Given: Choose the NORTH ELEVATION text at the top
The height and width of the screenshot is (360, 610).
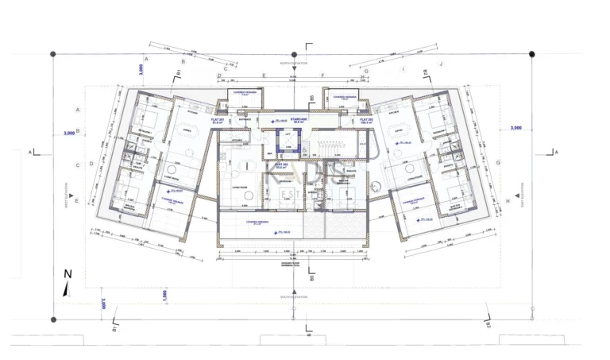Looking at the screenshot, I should pos(291,62).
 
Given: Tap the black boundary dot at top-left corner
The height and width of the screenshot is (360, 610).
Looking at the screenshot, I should pos(53,53).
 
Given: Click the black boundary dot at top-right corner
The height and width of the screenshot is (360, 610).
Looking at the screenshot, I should pos(531,53).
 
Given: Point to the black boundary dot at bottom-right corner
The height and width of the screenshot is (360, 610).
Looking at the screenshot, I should pos(531,319).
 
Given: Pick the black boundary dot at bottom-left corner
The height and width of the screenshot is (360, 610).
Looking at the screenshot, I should pos(53,319).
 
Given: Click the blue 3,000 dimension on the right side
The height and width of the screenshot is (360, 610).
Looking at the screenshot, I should pos(516,128).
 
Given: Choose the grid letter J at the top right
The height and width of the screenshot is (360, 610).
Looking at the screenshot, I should pos(441,63).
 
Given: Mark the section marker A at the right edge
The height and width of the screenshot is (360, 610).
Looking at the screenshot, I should pos(556,151).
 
